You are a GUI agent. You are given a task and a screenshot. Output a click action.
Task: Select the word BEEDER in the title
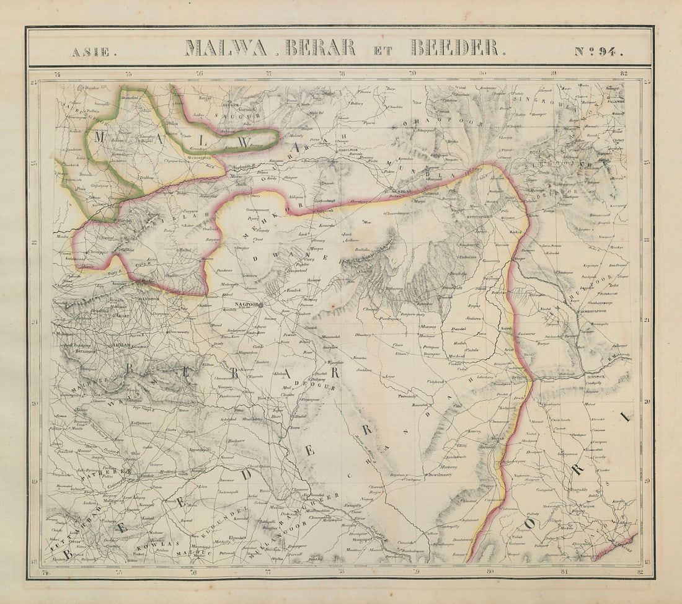coord(454,48)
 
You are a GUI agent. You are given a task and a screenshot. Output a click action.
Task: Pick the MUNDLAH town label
coord(401,192)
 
